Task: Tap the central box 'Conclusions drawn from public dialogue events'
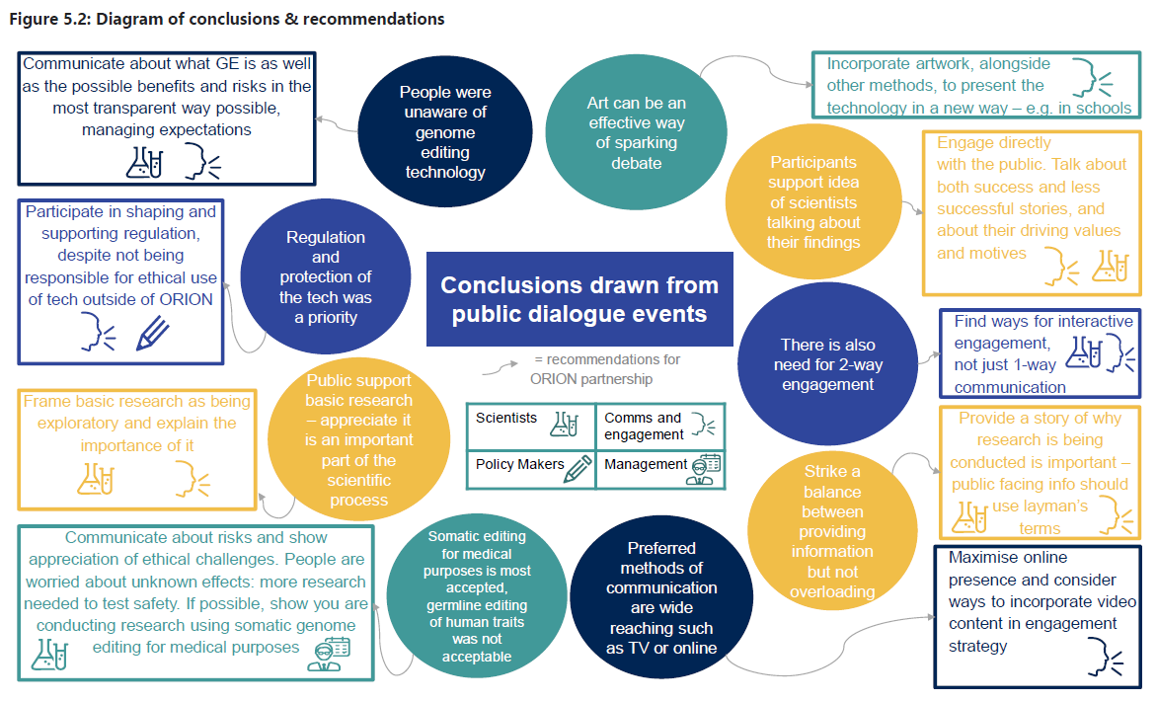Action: [579, 299]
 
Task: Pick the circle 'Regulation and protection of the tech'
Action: [325, 277]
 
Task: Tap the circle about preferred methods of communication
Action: [660, 596]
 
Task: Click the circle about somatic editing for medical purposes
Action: [477, 596]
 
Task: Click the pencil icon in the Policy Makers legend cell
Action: [577, 467]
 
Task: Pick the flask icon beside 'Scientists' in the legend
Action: [565, 425]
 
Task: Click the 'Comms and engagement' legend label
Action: [643, 426]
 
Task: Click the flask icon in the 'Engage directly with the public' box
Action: [1109, 267]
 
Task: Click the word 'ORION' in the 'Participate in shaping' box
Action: [185, 298]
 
